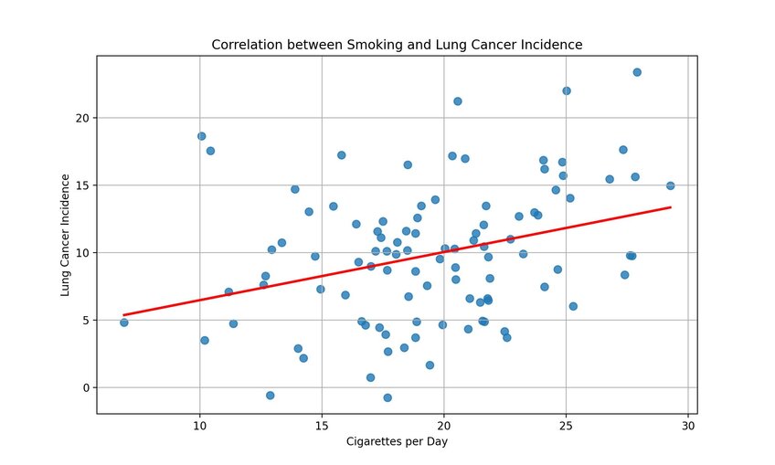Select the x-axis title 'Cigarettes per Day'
[x=397, y=442]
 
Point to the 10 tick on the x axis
[x=199, y=425]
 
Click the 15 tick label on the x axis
[x=321, y=425]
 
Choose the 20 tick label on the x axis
[x=443, y=425]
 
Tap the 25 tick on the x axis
[x=566, y=425]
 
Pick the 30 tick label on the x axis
[x=688, y=425]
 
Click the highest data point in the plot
[x=637, y=72]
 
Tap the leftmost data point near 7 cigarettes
[x=123, y=322]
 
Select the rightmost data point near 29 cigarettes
[x=670, y=185]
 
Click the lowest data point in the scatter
[x=387, y=397]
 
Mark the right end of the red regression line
[x=671, y=207]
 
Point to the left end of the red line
[x=123, y=315]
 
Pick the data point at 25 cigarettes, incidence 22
[x=567, y=90]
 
